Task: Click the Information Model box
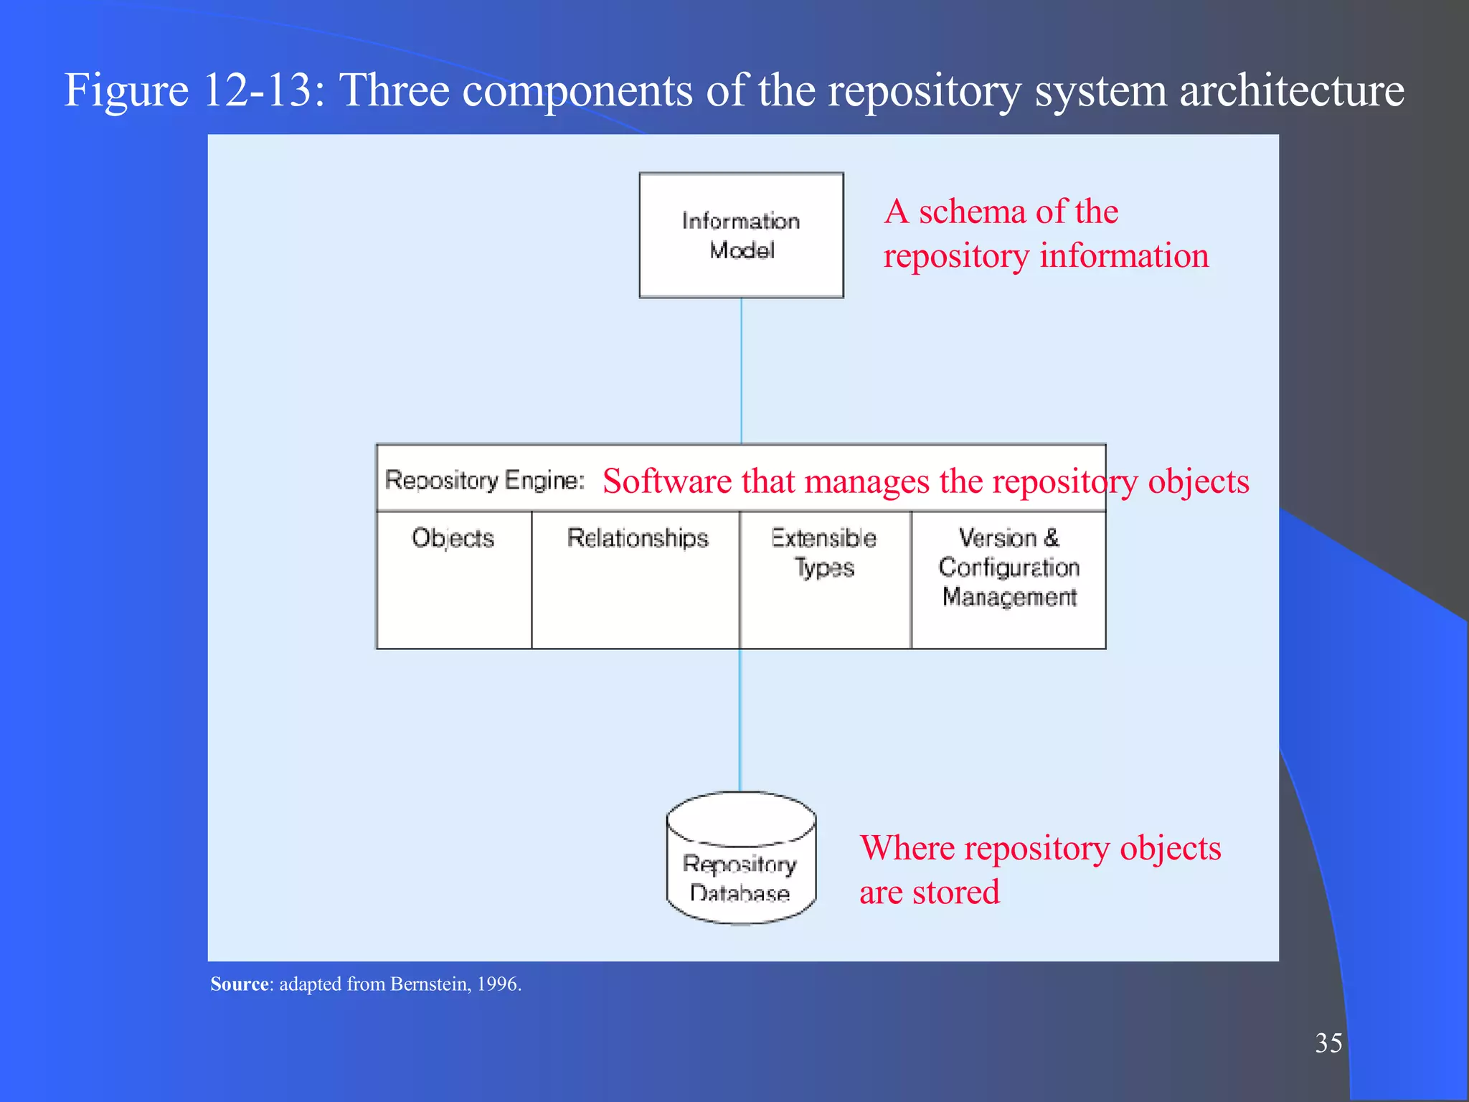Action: coord(741,235)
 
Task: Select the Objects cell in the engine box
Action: coord(453,578)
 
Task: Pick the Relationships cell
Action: coord(637,578)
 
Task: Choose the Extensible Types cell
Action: coord(825,578)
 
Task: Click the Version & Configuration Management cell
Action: coord(1009,578)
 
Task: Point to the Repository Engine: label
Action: coord(485,480)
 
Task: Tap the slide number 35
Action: coord(1328,1043)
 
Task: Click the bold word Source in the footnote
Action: coord(240,984)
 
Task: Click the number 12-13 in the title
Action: coord(263,90)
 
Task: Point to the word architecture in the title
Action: coord(1291,90)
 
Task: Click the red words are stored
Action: coord(929,893)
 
